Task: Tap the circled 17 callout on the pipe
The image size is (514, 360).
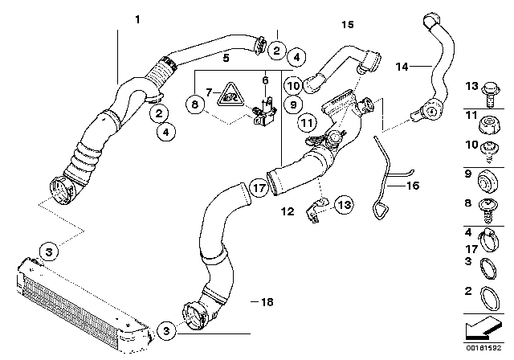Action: pyautogui.click(x=256, y=189)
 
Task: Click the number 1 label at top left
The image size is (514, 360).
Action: pyautogui.click(x=137, y=18)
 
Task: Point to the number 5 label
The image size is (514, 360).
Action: pyautogui.click(x=226, y=57)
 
